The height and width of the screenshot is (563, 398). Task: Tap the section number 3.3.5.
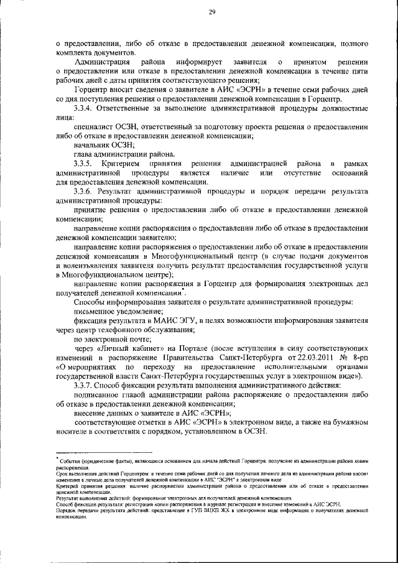pos(85,162)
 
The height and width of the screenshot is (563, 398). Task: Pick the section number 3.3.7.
pos(84,386)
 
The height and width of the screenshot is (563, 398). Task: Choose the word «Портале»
pos(187,349)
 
